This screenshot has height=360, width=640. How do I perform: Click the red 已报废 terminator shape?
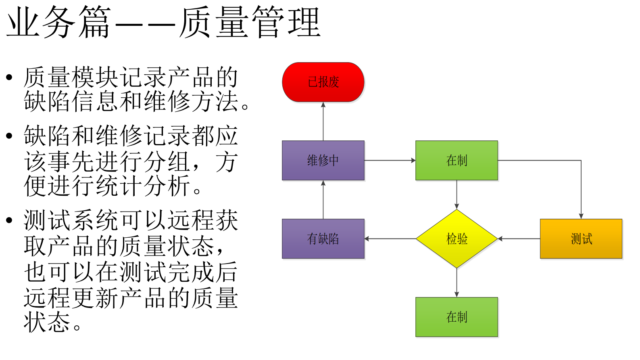[x=323, y=82]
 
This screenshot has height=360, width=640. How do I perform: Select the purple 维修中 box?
[x=323, y=160]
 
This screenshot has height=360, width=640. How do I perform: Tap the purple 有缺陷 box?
[x=323, y=239]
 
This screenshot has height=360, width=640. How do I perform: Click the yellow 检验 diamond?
[x=457, y=239]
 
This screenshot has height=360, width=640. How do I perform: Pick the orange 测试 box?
[x=581, y=239]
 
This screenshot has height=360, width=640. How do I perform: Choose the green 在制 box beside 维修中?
[x=457, y=160]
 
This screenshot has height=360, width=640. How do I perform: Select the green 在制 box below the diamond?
[x=457, y=317]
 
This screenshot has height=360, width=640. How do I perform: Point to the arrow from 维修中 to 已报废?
[x=323, y=121]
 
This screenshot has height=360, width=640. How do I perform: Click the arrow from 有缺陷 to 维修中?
[x=323, y=199]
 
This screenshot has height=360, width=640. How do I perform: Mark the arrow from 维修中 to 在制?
[x=390, y=160]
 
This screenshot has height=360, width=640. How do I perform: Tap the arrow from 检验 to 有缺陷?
[x=390, y=239]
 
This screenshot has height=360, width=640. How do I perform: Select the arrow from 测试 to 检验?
[x=519, y=239]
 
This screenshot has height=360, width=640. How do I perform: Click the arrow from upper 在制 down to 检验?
[x=457, y=194]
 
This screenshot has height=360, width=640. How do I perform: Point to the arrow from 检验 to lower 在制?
[x=457, y=283]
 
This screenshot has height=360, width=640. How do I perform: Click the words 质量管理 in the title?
[x=250, y=22]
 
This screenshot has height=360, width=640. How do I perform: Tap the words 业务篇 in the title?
[x=58, y=22]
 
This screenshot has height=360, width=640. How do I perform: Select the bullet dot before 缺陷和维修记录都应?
[x=9, y=136]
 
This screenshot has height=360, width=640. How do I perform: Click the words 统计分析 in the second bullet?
[x=144, y=186]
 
